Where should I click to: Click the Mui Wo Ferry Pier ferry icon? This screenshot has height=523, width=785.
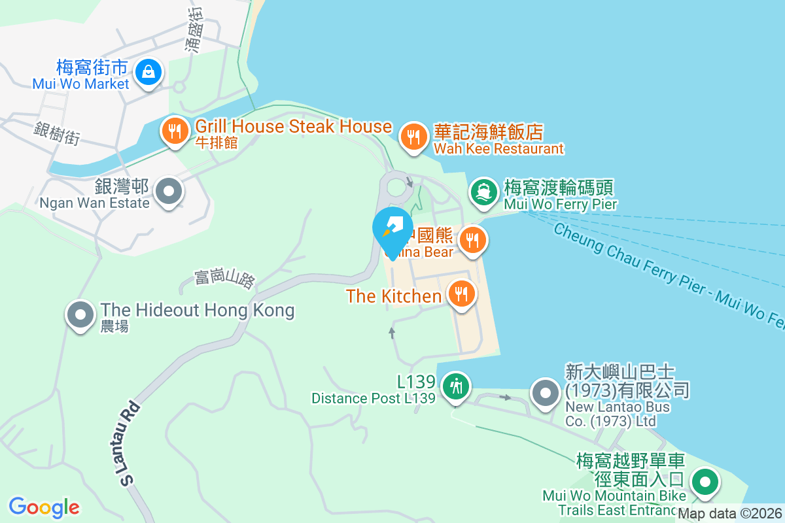click(483, 192)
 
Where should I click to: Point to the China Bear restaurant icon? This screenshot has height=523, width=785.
click(471, 240)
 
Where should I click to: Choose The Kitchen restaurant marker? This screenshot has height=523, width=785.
click(462, 294)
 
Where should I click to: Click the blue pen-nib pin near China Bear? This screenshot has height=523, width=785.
click(392, 228)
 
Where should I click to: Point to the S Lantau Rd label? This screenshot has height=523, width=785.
click(130, 444)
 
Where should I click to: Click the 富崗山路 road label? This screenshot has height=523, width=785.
click(224, 280)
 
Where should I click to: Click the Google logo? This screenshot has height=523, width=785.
click(44, 507)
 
